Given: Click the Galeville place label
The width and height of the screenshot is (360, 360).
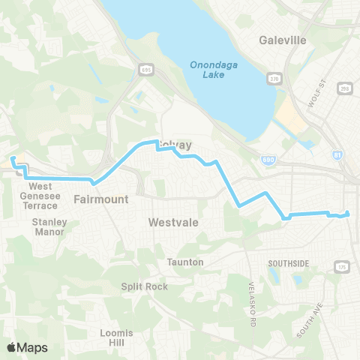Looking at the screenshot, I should pyautogui.click(x=282, y=40).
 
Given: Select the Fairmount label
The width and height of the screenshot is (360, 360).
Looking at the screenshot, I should pyautogui.click(x=101, y=199).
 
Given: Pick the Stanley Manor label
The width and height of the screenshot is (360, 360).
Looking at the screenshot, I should pyautogui.click(x=49, y=226).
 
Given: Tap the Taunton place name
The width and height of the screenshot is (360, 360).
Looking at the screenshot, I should pyautogui.click(x=185, y=262).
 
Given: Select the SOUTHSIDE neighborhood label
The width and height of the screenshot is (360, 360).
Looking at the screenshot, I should pyautogui.click(x=289, y=263).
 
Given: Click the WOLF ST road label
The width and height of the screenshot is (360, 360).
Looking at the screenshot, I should pyautogui.click(x=314, y=95).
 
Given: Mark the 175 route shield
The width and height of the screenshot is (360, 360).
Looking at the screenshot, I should pyautogui.click(x=343, y=267).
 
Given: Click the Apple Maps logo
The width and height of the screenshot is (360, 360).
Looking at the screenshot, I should pyautogui.click(x=27, y=347).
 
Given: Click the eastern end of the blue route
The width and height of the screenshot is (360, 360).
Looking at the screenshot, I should pyautogui.click(x=348, y=214).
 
